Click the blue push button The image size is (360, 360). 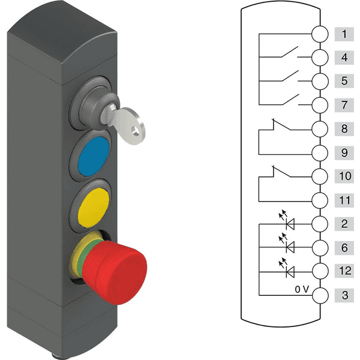[94, 157]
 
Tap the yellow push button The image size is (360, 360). [93, 208]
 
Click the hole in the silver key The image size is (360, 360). [135, 130]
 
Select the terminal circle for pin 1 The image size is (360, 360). [320, 34]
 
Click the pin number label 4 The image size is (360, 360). [344, 58]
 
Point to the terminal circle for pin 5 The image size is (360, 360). [320, 81]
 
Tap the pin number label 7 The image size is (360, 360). [344, 105]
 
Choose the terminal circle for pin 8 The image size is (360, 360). [320, 129]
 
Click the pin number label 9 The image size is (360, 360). [344, 152]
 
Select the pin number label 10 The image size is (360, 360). [345, 176]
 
